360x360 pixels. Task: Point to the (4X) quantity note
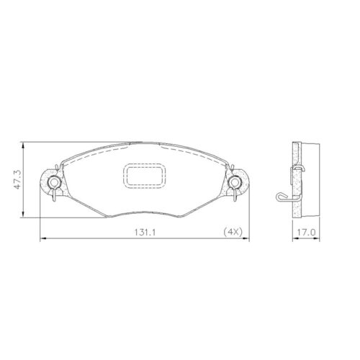tap(232, 233)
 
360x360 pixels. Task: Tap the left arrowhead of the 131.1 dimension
tap(41, 238)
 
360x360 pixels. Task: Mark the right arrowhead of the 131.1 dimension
tap(246, 238)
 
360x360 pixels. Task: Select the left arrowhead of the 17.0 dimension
tap(292, 238)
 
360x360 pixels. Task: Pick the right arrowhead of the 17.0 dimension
tap(317, 238)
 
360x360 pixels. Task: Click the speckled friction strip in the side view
tap(296, 180)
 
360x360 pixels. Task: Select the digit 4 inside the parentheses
tap(230, 233)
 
